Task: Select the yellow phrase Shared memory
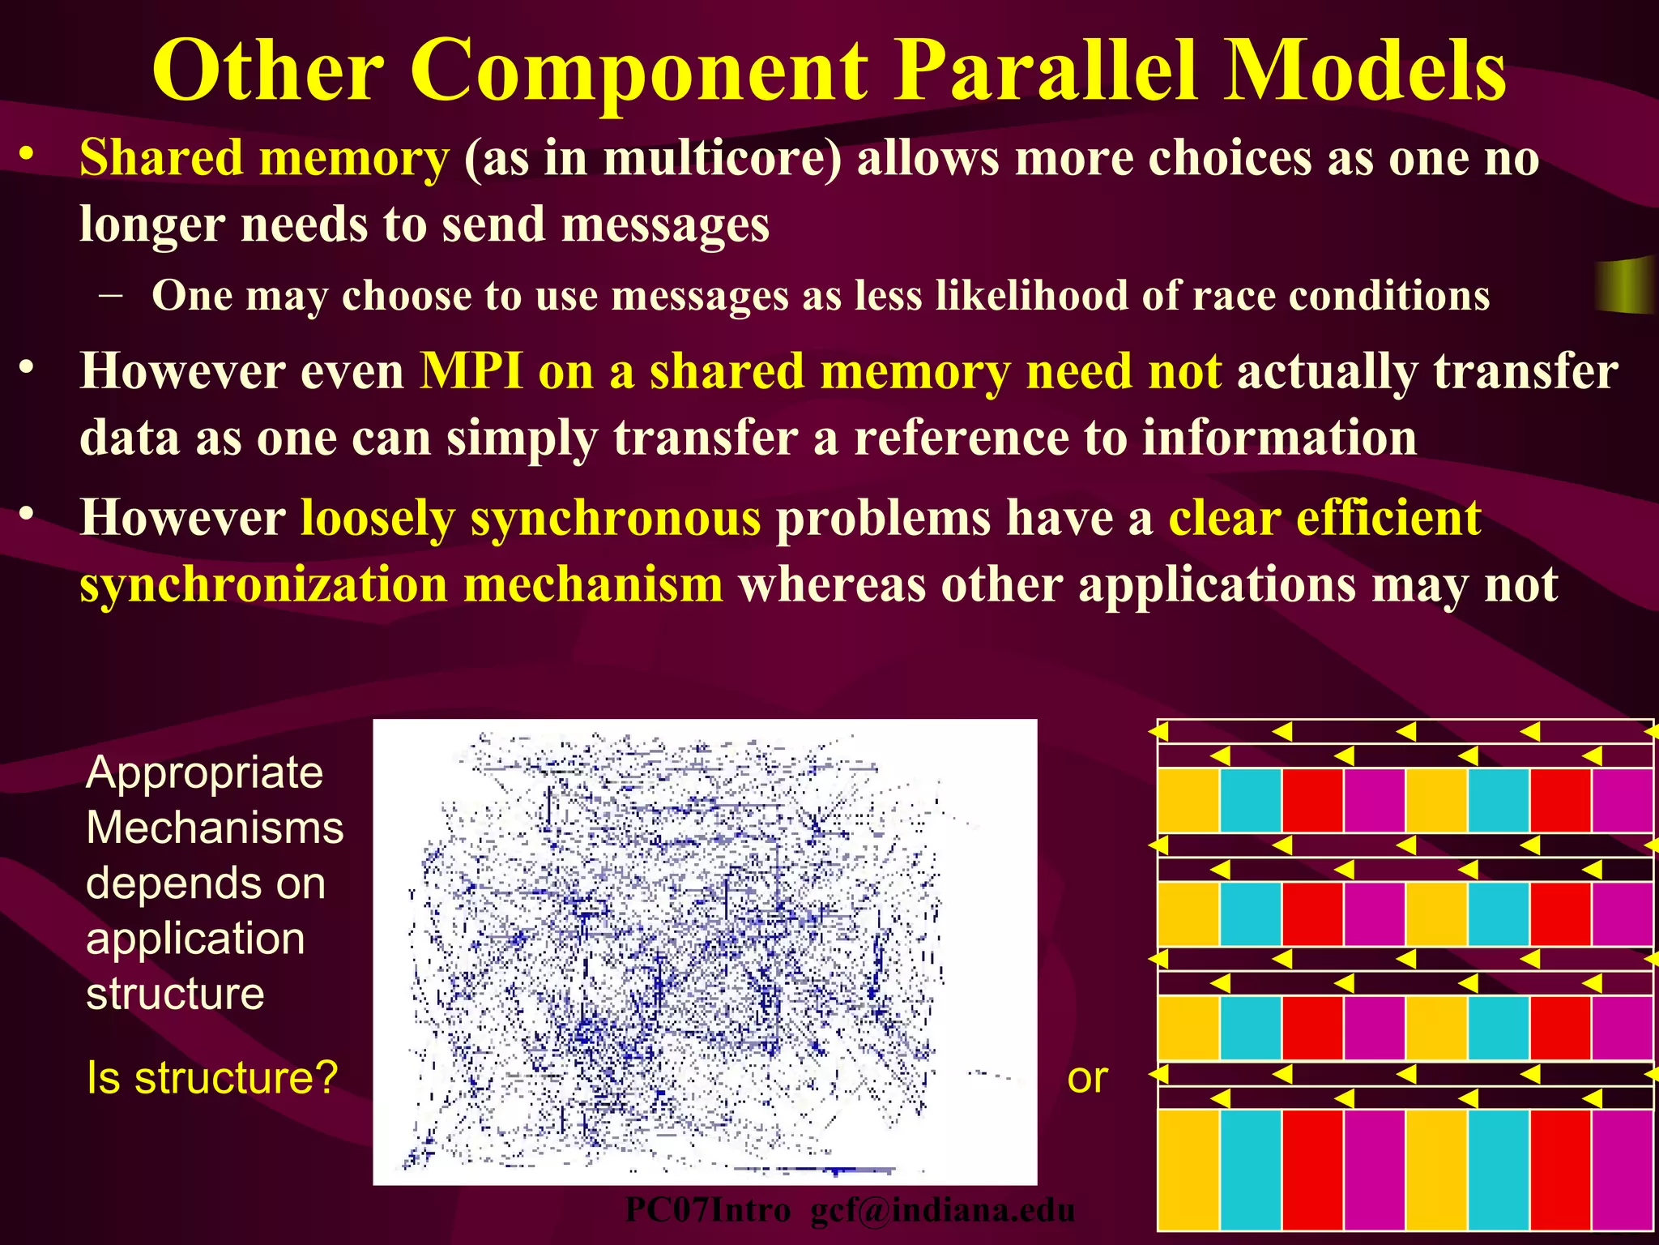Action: (264, 157)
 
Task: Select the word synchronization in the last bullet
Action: (264, 585)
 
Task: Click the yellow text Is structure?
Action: (211, 1078)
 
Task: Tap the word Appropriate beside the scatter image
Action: (204, 772)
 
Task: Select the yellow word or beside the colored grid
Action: (1087, 1078)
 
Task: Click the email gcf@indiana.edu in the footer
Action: (942, 1211)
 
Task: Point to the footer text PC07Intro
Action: (707, 1211)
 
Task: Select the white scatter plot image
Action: (705, 952)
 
